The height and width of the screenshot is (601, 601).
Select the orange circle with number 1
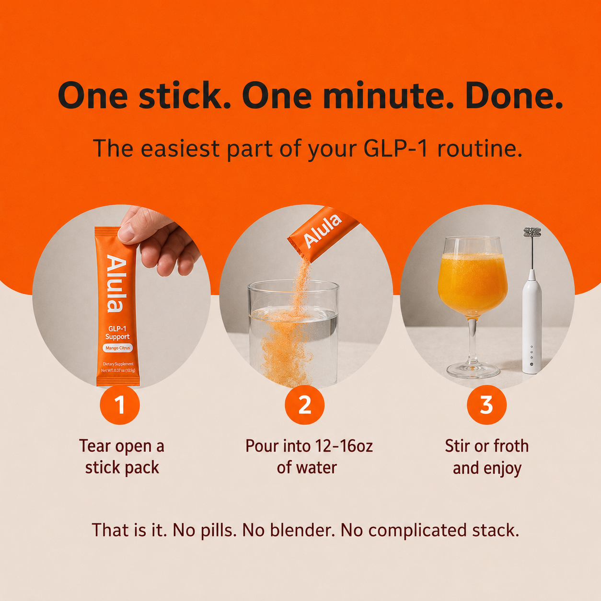point(120,405)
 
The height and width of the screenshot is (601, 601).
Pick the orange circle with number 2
point(304,405)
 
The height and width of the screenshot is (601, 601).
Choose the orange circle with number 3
point(486,405)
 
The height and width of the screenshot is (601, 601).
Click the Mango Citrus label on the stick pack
point(117,348)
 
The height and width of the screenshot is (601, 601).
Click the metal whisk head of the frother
point(532,232)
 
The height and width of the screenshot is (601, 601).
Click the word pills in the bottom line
point(218,531)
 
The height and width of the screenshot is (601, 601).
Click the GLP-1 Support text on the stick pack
point(117,333)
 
